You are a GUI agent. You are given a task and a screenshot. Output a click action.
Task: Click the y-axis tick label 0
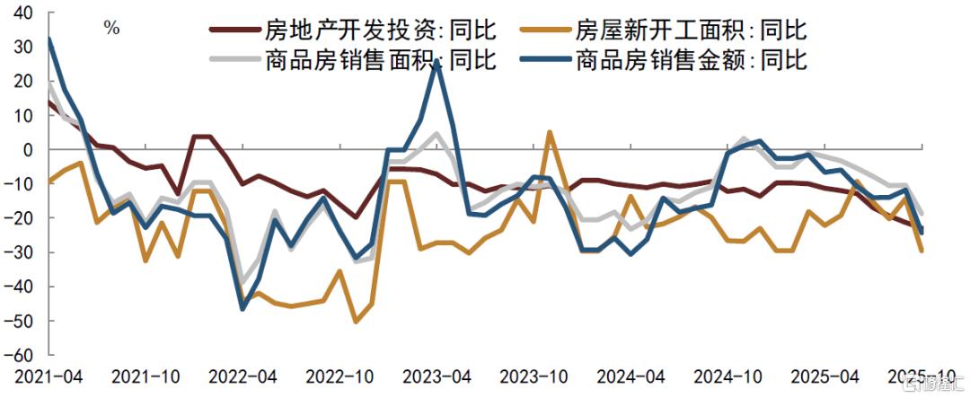[29, 149]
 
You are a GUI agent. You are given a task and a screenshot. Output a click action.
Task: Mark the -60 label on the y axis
[21, 356]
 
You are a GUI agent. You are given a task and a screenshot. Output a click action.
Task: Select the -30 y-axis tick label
[21, 252]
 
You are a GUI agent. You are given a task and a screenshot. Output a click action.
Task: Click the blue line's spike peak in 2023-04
[436, 63]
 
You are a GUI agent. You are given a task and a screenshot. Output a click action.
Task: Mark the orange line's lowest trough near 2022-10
[356, 321]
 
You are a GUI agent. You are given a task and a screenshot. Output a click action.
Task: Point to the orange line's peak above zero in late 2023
[550, 132]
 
